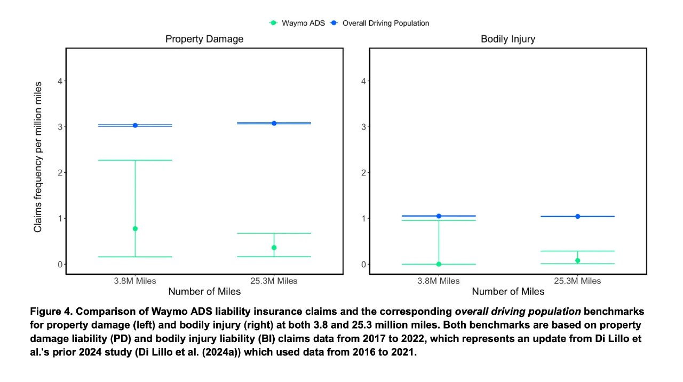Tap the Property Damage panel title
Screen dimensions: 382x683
click(204, 39)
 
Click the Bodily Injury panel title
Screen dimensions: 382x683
click(508, 39)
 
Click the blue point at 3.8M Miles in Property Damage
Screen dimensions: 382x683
click(135, 125)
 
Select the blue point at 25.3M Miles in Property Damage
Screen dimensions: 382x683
click(274, 123)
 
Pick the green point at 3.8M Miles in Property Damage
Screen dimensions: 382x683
click(135, 228)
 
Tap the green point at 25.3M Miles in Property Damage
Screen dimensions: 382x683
click(274, 248)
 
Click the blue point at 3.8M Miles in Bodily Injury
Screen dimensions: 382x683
click(439, 216)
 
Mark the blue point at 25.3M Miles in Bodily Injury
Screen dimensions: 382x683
click(577, 216)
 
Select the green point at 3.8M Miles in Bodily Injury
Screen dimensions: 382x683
click(439, 264)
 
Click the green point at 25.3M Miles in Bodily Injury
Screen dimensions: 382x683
click(577, 260)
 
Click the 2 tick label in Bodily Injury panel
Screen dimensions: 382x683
click(364, 173)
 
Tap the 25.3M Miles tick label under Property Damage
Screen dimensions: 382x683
click(274, 281)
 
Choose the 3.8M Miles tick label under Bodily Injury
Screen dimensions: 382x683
click(439, 281)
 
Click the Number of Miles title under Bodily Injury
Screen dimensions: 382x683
click(508, 291)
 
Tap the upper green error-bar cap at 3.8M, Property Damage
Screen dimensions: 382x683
click(135, 160)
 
